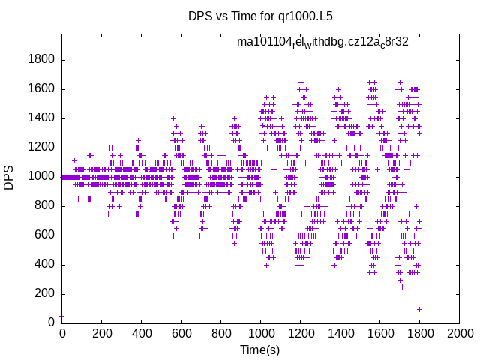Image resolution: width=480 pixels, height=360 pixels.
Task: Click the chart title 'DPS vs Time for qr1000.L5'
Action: click(260, 16)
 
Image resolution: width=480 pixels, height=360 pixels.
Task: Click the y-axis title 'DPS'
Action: click(9, 177)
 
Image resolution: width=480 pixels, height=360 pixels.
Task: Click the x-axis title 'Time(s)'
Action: click(260, 349)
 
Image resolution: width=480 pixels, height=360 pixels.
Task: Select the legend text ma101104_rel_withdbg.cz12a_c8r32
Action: click(322, 42)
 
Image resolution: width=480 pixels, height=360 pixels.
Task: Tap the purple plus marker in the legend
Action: click(430, 43)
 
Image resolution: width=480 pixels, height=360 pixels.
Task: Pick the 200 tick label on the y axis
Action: click(46, 294)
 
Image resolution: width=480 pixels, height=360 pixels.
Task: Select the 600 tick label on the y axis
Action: click(46, 235)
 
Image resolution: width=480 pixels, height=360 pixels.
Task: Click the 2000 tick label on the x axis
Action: click(459, 334)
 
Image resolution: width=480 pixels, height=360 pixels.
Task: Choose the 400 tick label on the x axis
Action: click(141, 334)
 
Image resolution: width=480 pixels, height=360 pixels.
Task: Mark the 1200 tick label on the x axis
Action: click(300, 334)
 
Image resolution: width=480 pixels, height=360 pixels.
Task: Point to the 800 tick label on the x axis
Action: click(220, 334)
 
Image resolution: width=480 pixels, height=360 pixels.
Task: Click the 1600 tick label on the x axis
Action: click(379, 334)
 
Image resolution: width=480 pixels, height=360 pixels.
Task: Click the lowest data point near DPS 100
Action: click(419, 309)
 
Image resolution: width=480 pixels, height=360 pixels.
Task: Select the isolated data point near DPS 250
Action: click(402, 286)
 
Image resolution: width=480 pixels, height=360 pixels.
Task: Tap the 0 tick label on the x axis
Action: click(62, 334)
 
